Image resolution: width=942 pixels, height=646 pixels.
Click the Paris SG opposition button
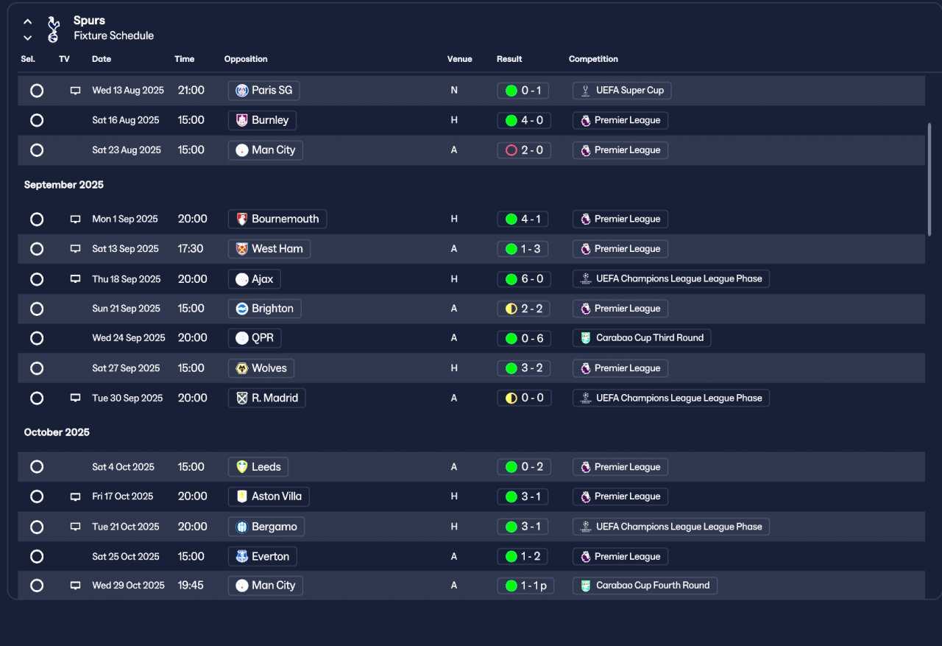tap(263, 91)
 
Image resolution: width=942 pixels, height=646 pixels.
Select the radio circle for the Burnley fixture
tap(37, 120)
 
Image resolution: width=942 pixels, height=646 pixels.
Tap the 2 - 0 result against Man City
tap(524, 150)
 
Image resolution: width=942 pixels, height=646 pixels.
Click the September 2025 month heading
tap(63, 185)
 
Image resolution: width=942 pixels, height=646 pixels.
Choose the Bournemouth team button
tap(277, 220)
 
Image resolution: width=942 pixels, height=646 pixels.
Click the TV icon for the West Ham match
tap(75, 249)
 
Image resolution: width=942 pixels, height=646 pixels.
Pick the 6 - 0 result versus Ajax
tap(524, 279)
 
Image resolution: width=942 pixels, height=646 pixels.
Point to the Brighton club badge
tap(242, 309)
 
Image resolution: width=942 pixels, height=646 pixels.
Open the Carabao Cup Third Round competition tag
tap(642, 338)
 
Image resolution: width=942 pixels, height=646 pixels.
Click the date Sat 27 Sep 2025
tap(126, 368)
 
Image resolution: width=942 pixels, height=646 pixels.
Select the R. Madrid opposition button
tap(266, 398)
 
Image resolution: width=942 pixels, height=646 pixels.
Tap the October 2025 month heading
tap(57, 432)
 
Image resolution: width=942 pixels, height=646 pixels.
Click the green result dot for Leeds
tap(511, 467)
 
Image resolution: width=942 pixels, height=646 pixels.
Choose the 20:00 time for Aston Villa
tap(192, 496)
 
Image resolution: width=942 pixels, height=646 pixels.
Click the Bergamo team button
tap(266, 527)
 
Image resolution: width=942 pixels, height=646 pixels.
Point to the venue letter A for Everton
tap(454, 557)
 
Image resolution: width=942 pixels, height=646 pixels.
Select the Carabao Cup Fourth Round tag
tap(645, 586)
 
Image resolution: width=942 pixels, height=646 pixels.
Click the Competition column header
tap(593, 59)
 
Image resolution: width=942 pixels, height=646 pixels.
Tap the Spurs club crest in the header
tap(53, 29)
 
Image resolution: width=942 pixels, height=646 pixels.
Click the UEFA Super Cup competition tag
tap(622, 91)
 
